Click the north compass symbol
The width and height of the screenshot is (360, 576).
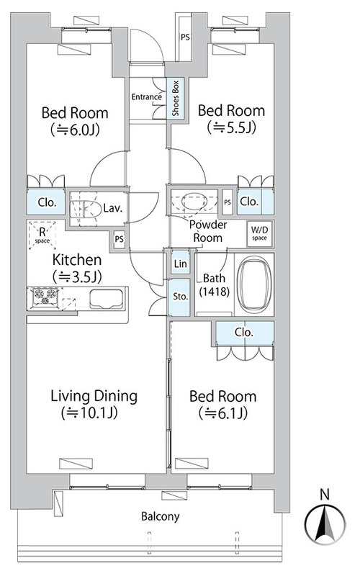(325, 518)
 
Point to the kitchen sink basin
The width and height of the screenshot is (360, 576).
(107, 299)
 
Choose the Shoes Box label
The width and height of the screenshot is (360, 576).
(176, 98)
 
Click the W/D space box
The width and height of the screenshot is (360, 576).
(259, 233)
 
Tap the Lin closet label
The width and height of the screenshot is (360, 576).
(181, 264)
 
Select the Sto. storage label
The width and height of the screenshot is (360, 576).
(181, 296)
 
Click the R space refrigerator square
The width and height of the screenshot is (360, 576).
(42, 235)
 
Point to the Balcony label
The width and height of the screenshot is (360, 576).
(161, 516)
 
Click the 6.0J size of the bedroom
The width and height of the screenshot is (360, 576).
(75, 130)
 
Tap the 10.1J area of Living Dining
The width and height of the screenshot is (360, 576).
(89, 413)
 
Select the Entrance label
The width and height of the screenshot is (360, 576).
(147, 97)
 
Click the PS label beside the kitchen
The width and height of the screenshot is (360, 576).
(119, 239)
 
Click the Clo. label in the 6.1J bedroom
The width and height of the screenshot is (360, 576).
(244, 333)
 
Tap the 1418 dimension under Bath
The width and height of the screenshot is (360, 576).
(215, 292)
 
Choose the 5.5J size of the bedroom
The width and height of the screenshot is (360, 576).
(231, 127)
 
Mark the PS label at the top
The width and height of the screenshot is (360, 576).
(185, 37)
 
